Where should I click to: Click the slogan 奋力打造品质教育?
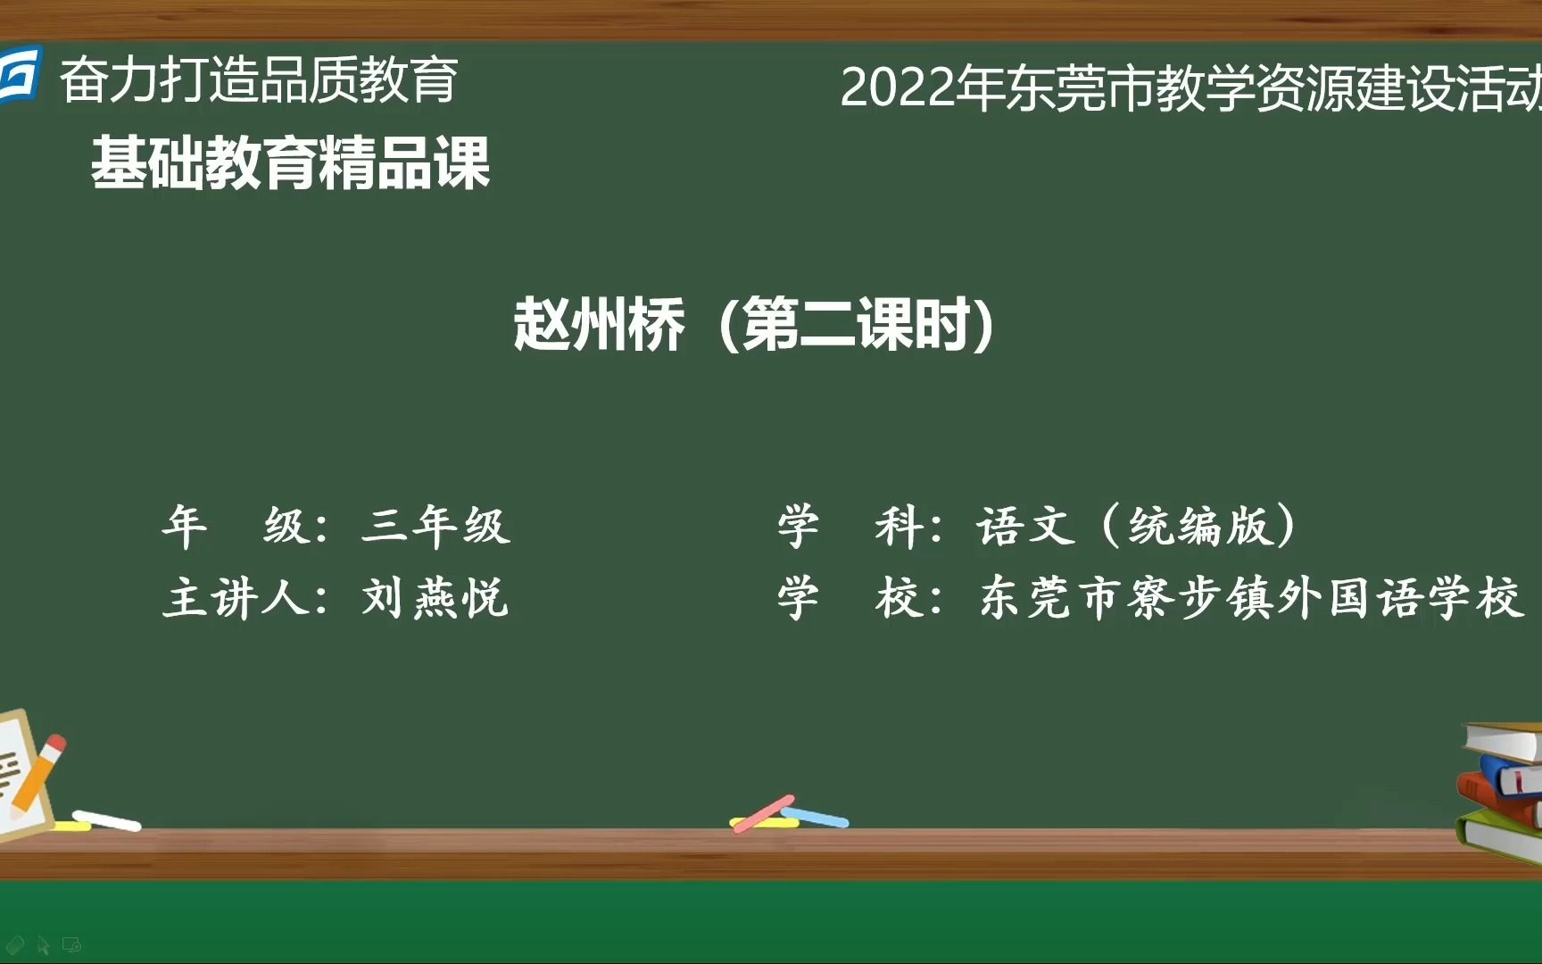pos(259,80)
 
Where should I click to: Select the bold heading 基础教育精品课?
pos(290,163)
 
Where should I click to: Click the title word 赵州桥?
pos(599,325)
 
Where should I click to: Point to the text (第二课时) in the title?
pos(856,325)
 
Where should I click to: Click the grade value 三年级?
pos(435,525)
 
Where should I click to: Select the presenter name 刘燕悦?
pos(435,597)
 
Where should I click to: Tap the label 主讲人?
pos(236,597)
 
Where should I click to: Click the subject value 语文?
pos(1025,525)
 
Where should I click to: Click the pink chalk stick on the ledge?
pos(764,812)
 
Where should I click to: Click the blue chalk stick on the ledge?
pos(816,817)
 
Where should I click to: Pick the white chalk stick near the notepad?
pos(106,819)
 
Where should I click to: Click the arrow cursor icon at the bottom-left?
pos(43,945)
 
